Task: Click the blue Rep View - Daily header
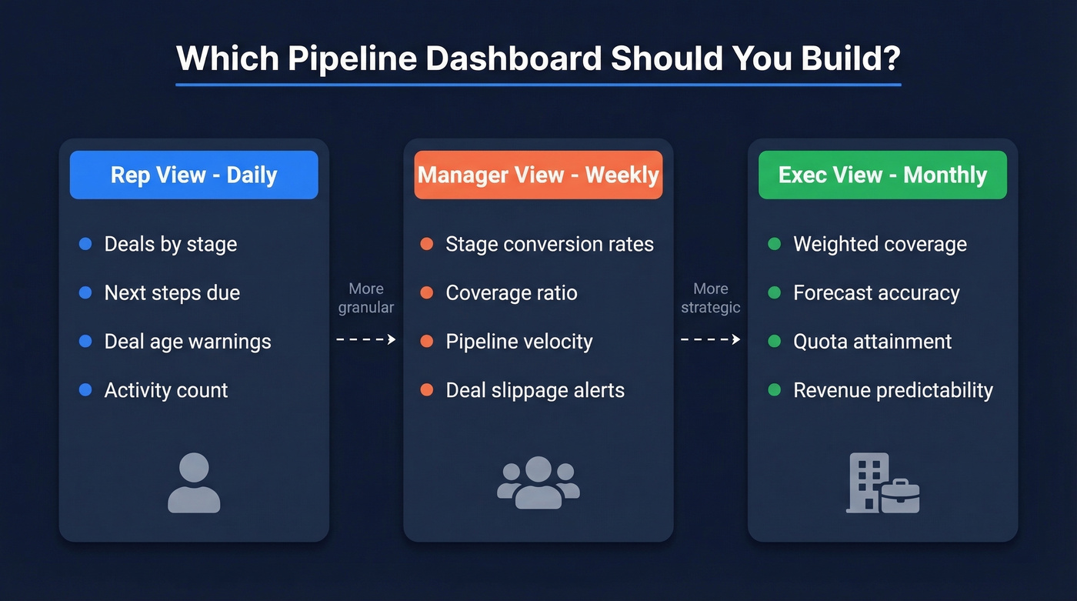[194, 175]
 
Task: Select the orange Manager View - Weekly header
[538, 175]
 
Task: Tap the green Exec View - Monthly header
[882, 175]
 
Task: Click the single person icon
[194, 482]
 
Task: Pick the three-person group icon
[538, 482]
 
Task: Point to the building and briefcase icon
[882, 482]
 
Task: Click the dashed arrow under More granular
[366, 339]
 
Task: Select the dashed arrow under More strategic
[711, 339]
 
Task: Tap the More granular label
[366, 298]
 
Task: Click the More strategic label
[711, 298]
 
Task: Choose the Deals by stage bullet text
[171, 245]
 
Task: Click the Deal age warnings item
[188, 342]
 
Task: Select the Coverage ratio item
[512, 293]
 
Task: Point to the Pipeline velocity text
[519, 342]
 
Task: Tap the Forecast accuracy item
[876, 293]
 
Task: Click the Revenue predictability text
[893, 390]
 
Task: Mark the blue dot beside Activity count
[85, 390]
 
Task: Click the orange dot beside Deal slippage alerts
[427, 390]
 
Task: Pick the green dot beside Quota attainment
[775, 342]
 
